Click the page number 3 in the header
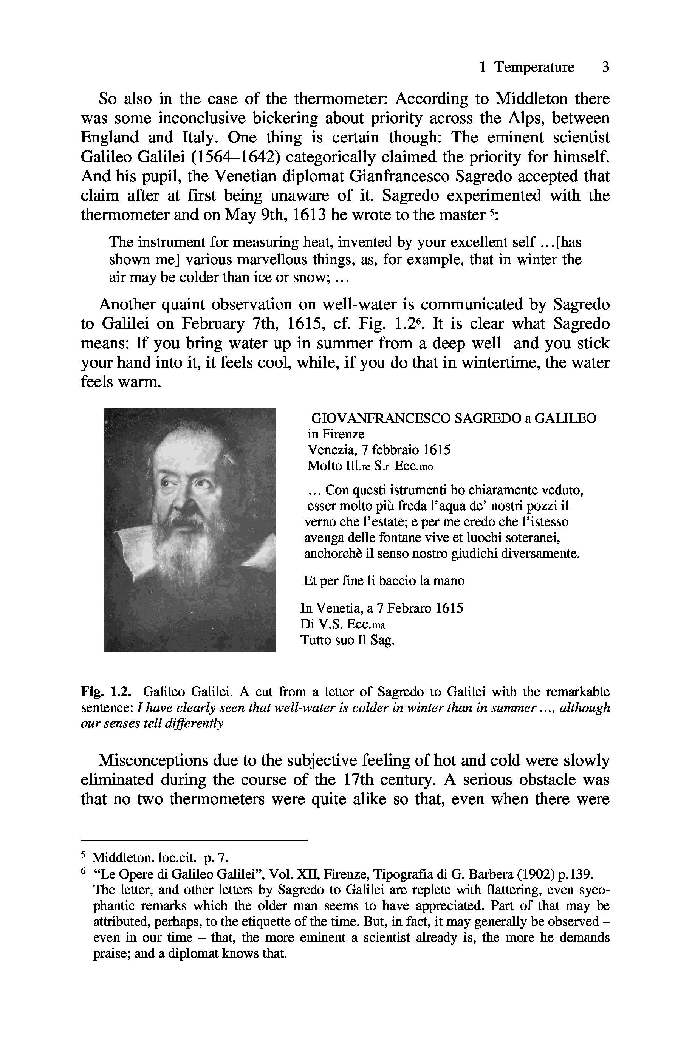coord(605,67)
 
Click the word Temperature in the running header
coord(534,67)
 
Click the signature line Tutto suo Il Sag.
coord(347,640)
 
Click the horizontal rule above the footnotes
coord(194,840)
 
